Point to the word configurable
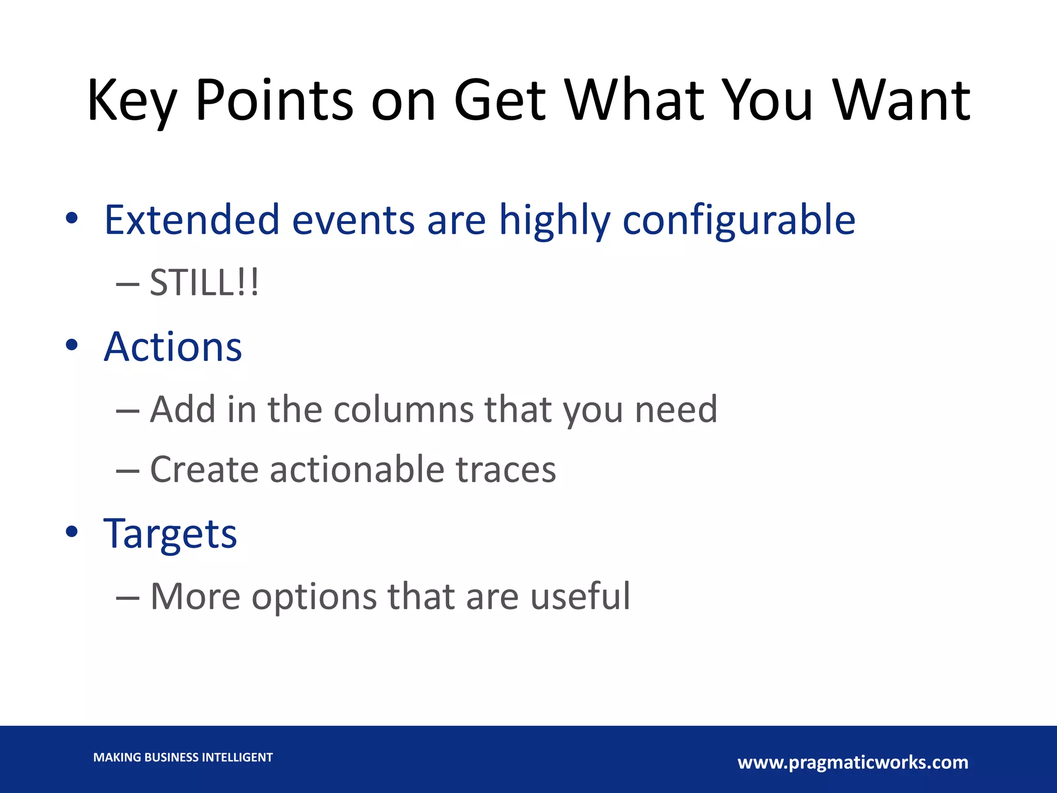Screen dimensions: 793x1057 coord(739,220)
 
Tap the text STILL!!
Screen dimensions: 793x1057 coord(204,283)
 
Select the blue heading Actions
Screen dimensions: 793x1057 coord(173,347)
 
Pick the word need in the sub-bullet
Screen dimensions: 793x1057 coord(676,409)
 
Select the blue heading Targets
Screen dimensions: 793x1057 coord(170,534)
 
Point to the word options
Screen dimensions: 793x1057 coord(314,597)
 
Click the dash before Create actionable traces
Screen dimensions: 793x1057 coord(127,471)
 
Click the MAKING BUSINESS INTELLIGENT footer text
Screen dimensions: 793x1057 coord(183,757)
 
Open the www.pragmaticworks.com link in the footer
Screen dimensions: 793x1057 coord(853,763)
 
